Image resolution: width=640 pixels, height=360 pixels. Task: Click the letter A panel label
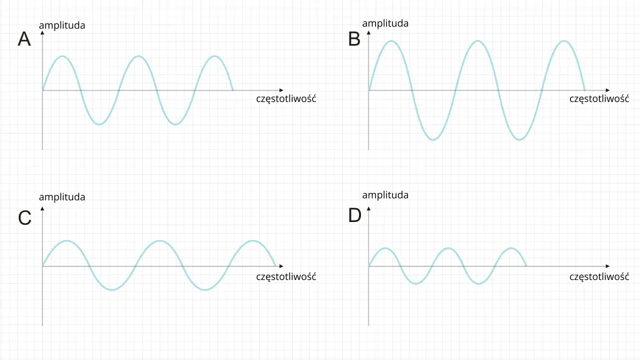24,39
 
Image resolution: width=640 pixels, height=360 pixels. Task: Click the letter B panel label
354,39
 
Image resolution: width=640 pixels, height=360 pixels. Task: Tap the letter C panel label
24,217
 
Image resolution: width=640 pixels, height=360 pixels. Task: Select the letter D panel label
355,215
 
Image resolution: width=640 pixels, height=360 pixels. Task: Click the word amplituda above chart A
62,25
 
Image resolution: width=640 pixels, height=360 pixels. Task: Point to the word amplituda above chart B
385,23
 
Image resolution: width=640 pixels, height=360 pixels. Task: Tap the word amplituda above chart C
62,197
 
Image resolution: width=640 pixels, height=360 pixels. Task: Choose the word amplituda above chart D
385,195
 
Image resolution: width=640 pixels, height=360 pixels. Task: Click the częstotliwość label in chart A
286,99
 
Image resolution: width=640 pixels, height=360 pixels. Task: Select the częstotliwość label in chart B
599,99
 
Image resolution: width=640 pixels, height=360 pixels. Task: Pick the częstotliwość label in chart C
286,277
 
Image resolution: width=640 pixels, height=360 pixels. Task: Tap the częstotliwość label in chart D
599,277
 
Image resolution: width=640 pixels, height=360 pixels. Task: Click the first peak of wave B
391,41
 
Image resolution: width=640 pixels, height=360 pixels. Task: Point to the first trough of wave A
99,124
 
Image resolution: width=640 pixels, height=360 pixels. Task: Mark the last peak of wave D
511,248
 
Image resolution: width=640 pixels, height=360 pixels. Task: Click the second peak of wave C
159,241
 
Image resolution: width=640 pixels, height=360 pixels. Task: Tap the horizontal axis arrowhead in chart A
281,90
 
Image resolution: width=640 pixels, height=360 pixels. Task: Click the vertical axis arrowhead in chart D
368,209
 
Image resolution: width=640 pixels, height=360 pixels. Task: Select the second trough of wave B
519,139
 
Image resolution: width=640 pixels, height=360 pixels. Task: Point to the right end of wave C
276,266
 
